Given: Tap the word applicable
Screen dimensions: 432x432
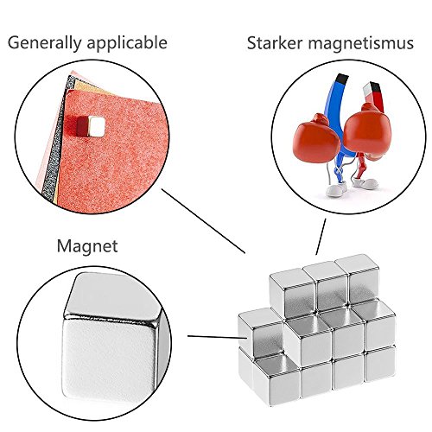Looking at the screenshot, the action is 127,43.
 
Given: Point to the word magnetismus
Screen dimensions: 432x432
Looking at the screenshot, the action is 361,43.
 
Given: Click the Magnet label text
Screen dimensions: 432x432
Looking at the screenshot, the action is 87,246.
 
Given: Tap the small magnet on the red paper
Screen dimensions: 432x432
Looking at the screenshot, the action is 90,126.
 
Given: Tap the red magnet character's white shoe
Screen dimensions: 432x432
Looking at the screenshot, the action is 365,183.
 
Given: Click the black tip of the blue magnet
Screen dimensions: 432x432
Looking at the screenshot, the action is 342,78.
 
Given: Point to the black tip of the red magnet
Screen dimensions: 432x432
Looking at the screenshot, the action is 375,89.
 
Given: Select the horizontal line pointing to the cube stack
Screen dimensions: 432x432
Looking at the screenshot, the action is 218,337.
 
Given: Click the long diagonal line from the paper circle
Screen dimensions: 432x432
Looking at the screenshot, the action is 203,221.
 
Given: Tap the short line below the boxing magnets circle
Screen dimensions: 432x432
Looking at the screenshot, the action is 321,237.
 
